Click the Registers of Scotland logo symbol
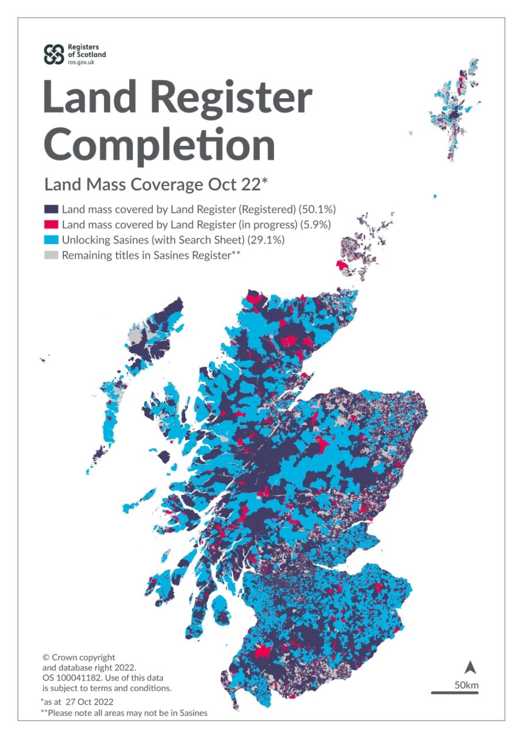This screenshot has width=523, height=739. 55,54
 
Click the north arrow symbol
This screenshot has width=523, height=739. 470,667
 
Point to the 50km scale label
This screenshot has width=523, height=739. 466,685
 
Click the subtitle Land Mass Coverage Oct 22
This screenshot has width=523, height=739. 156,185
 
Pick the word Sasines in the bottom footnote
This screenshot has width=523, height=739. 193,713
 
